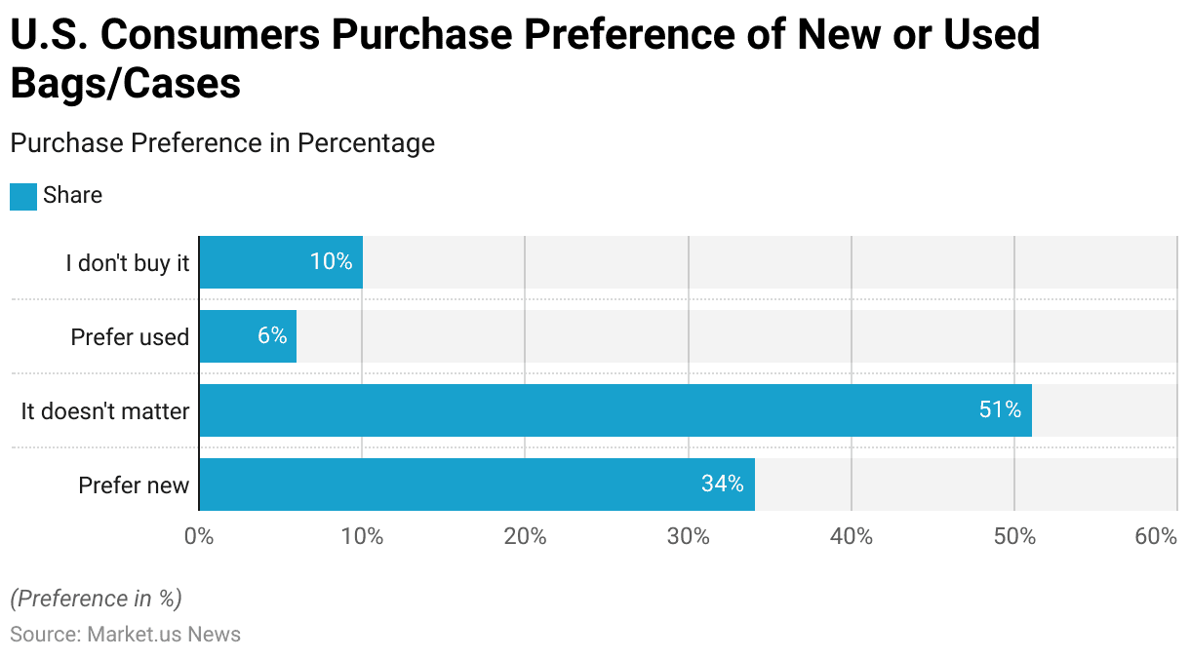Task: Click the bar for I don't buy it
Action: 281,262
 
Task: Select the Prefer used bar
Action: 248,336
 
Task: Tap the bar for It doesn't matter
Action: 615,410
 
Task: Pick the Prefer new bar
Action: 476,485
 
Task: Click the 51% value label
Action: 1000,410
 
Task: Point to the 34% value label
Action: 722,485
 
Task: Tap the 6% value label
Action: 272,336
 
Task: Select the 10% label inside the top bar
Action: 331,262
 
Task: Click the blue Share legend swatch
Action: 23,197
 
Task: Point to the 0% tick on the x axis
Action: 199,537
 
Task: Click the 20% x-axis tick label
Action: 525,537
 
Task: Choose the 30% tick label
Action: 689,537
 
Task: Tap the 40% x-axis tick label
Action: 852,537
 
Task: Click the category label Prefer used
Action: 130,337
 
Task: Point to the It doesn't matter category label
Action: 105,411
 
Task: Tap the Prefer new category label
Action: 134,485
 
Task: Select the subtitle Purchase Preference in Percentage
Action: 222,143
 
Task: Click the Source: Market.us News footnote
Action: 125,635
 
